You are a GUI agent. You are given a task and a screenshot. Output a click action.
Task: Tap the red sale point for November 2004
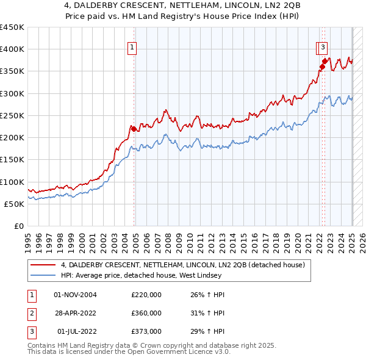coord(134,129)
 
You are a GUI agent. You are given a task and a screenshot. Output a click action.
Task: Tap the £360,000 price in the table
coord(146,313)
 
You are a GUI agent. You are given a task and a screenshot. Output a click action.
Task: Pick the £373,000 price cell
coord(146,331)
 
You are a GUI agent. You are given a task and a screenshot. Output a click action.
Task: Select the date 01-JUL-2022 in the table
coord(76,331)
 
